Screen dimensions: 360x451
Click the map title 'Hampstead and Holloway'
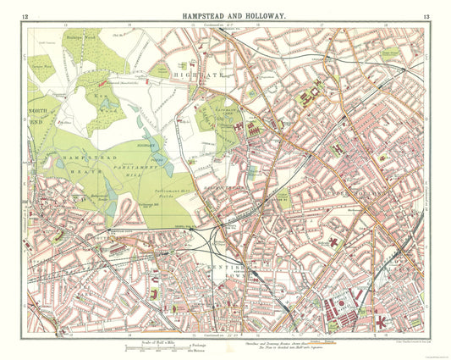click(x=225, y=15)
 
